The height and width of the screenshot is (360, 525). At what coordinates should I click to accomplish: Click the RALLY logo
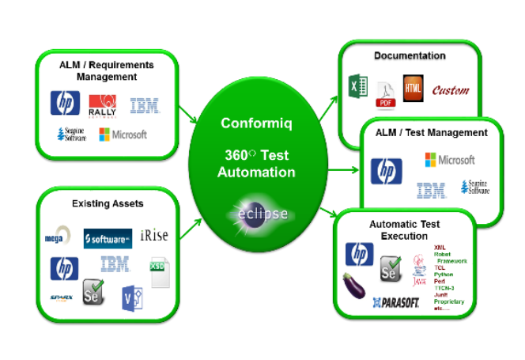pyautogui.click(x=103, y=104)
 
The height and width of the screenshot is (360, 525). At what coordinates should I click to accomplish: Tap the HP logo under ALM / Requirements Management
pyautogui.click(x=65, y=103)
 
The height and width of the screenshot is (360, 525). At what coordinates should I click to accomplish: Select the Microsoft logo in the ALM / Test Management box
pyautogui.click(x=449, y=161)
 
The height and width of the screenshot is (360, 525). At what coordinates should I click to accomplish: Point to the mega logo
pyautogui.click(x=55, y=237)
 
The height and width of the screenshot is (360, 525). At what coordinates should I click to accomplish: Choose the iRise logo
pyautogui.click(x=153, y=236)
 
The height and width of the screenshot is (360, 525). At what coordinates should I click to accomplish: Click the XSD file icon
pyautogui.click(x=161, y=271)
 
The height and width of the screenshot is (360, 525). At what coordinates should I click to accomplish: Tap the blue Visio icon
pyautogui.click(x=131, y=299)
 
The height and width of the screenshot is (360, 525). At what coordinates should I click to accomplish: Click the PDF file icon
pyautogui.click(x=385, y=96)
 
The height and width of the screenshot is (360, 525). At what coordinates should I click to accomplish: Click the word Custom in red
pyautogui.click(x=450, y=90)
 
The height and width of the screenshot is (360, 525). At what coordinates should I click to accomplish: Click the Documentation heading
pyautogui.click(x=410, y=56)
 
